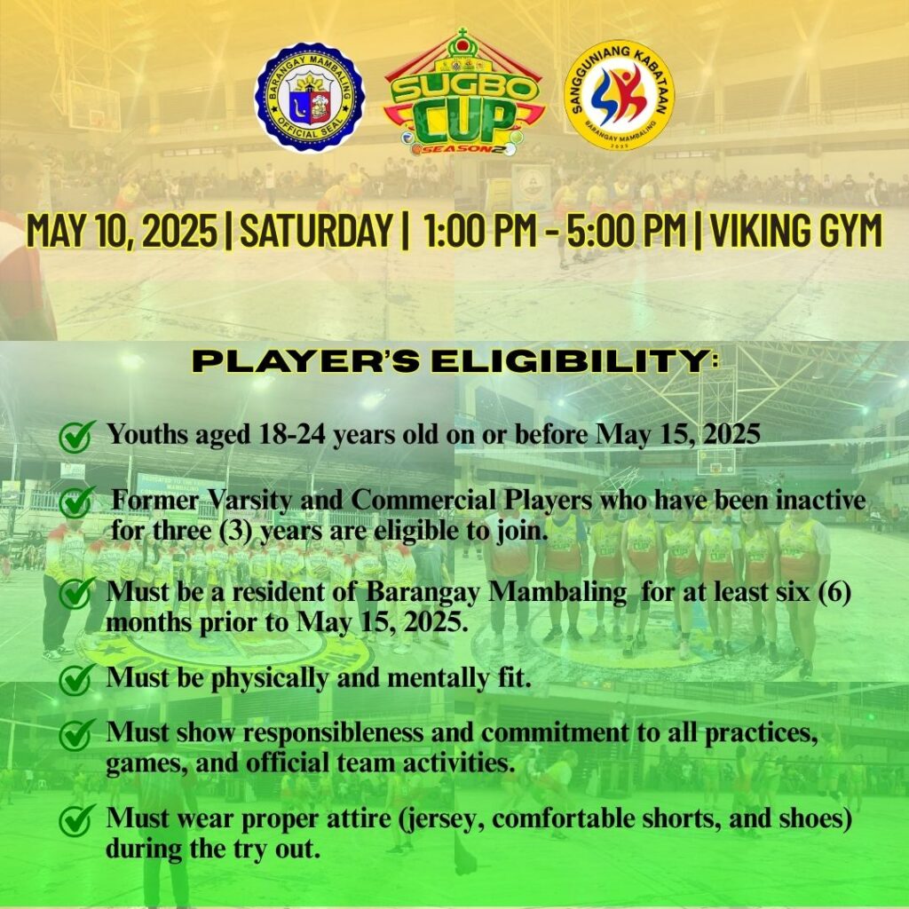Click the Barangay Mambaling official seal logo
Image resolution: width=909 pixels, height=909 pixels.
310,97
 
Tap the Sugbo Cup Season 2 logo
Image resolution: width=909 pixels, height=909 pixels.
463,92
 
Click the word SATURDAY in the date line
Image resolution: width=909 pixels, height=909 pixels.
315,231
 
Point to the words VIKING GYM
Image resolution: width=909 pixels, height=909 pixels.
796,231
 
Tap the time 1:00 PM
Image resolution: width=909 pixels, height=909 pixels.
479,231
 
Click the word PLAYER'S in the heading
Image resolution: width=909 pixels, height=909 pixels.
305,362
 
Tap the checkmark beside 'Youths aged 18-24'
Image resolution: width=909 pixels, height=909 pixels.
76,437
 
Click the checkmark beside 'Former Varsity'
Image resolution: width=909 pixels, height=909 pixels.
76,502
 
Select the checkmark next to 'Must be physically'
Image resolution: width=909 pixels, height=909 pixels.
76,679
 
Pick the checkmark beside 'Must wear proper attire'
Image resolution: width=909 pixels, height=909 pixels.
76,820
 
